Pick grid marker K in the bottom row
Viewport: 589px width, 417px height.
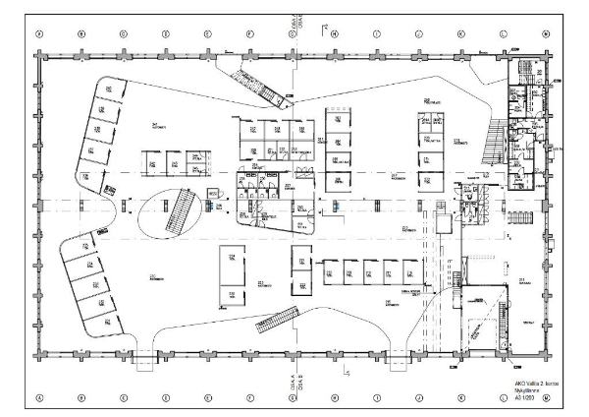tap(461, 398)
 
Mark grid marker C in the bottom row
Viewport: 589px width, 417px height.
tap(125, 398)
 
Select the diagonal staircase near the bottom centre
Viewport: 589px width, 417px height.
tap(278, 321)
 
